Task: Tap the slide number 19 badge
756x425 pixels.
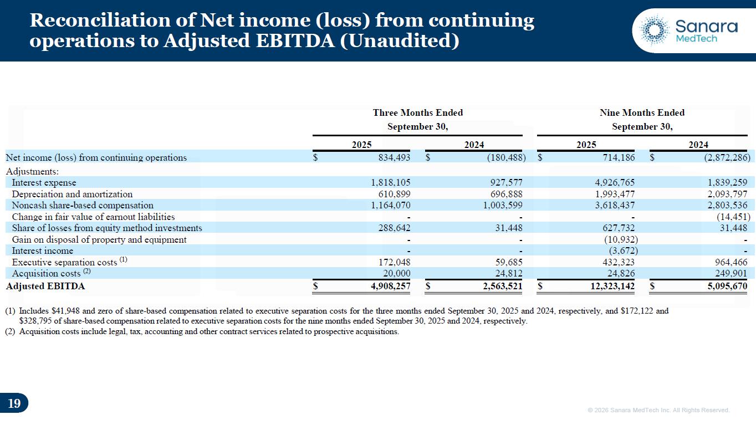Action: (x=14, y=403)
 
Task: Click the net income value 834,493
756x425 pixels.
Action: (x=391, y=157)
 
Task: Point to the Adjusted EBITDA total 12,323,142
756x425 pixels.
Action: (x=608, y=286)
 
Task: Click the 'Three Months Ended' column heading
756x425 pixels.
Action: (x=417, y=112)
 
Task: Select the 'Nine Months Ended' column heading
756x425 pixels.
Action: (x=642, y=112)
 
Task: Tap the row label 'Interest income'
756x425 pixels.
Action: (x=42, y=250)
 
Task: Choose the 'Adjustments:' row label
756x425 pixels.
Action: (x=32, y=171)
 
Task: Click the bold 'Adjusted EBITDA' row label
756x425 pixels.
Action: (x=45, y=286)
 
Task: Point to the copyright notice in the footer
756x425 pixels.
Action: (x=658, y=410)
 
